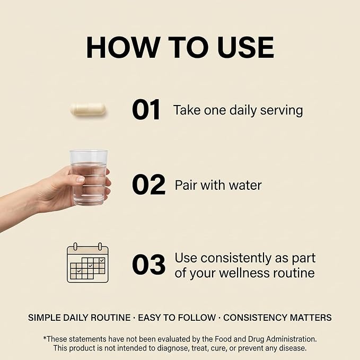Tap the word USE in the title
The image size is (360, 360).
[245, 47]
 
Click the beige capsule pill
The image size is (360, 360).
[88, 110]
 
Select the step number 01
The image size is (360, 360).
[146, 110]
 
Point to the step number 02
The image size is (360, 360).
[148, 185]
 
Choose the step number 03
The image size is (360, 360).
[148, 265]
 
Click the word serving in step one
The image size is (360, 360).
[282, 111]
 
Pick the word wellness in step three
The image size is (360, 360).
[244, 273]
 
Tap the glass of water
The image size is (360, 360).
[89, 178]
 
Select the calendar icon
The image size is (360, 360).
[87, 262]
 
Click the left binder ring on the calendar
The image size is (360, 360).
[75, 247]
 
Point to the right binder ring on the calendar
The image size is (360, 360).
[100, 247]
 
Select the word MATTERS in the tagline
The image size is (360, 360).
[311, 318]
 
